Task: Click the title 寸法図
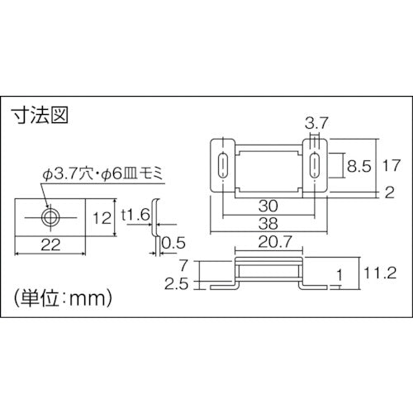point(38,115)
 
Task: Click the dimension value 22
point(50,244)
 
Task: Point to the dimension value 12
point(102,218)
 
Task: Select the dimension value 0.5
point(173,243)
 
